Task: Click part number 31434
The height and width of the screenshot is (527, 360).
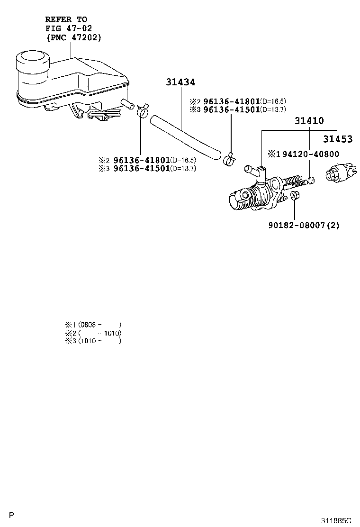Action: point(180,82)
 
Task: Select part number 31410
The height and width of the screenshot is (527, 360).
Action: point(309,121)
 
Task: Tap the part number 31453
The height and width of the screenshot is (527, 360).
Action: point(338,139)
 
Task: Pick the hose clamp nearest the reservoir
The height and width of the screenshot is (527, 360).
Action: point(142,111)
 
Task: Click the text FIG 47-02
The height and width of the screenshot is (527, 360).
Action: point(65,28)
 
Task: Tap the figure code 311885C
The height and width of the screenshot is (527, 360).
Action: point(336,520)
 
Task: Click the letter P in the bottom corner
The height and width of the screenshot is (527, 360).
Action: point(12,515)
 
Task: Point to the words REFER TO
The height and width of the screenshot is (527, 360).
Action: point(66,19)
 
